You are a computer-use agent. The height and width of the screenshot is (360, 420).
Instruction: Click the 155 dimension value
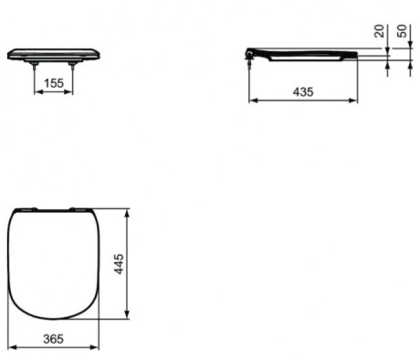pos(54,83)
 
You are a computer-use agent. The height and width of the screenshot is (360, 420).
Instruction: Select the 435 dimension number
pos(303,91)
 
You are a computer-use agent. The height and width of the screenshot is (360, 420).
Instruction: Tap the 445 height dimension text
pos(119,264)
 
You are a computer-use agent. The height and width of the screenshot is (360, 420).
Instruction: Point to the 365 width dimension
pos(53,339)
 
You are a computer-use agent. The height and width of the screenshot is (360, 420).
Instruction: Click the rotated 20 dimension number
pos(379,31)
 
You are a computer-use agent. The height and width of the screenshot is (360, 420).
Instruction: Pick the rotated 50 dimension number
pos(402,31)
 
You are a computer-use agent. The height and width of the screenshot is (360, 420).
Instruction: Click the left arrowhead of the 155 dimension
pos(37,91)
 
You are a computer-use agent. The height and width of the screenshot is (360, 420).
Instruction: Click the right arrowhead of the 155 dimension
pos(70,91)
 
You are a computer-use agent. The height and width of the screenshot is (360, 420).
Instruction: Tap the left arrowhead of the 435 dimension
pos(252,101)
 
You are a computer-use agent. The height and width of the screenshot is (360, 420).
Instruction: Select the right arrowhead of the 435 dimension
pos(354,101)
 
